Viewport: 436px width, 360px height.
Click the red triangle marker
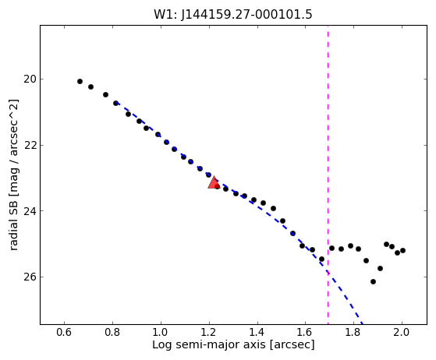click(214, 182)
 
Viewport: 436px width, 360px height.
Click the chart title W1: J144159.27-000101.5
click(233, 15)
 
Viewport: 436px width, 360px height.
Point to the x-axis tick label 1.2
click(209, 332)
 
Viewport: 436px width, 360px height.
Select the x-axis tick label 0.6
click(65, 332)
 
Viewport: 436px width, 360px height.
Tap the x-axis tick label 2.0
click(402, 332)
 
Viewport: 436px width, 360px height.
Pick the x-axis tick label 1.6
click(305, 332)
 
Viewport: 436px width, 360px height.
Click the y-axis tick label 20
click(30, 79)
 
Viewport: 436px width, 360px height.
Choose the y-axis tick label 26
click(30, 277)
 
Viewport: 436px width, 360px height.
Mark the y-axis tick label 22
click(30, 145)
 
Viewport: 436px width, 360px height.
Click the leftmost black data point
click(80, 81)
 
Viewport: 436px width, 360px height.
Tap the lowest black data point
click(373, 281)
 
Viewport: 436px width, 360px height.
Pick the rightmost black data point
click(402, 251)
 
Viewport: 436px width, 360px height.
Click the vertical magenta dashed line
click(328, 175)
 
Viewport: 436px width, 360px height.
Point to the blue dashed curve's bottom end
click(363, 324)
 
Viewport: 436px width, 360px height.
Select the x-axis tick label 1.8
click(353, 332)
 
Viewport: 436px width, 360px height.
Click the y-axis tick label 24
click(30, 211)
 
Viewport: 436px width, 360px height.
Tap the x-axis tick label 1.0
click(161, 332)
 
